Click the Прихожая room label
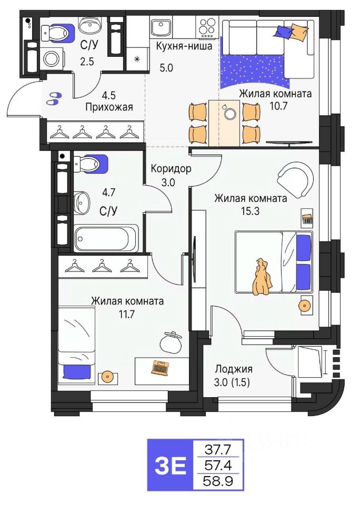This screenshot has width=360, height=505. click(x=109, y=107)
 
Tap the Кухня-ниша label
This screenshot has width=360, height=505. click(x=184, y=46)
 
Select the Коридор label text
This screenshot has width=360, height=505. click(x=171, y=169)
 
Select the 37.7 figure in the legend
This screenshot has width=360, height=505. click(x=222, y=449)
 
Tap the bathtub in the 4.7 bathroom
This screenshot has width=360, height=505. click(x=106, y=238)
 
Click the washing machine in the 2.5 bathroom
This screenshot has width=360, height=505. click(x=52, y=58)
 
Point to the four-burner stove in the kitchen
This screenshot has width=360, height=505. click(x=206, y=26)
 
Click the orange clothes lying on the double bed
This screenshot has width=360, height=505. click(x=261, y=278)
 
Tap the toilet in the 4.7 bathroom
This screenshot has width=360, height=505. click(x=91, y=163)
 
